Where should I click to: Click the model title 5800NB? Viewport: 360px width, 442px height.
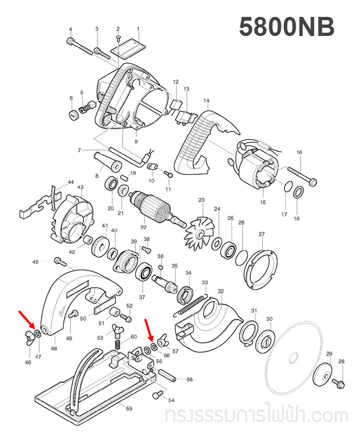(286, 27)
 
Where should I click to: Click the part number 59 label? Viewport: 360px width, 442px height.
(129, 408)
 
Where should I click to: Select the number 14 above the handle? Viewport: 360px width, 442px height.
(206, 101)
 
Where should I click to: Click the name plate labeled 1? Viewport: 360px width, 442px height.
(127, 47)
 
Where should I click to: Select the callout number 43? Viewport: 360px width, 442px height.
(80, 187)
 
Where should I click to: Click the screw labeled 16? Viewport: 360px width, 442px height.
(299, 174)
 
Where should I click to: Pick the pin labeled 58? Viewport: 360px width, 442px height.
(167, 376)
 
